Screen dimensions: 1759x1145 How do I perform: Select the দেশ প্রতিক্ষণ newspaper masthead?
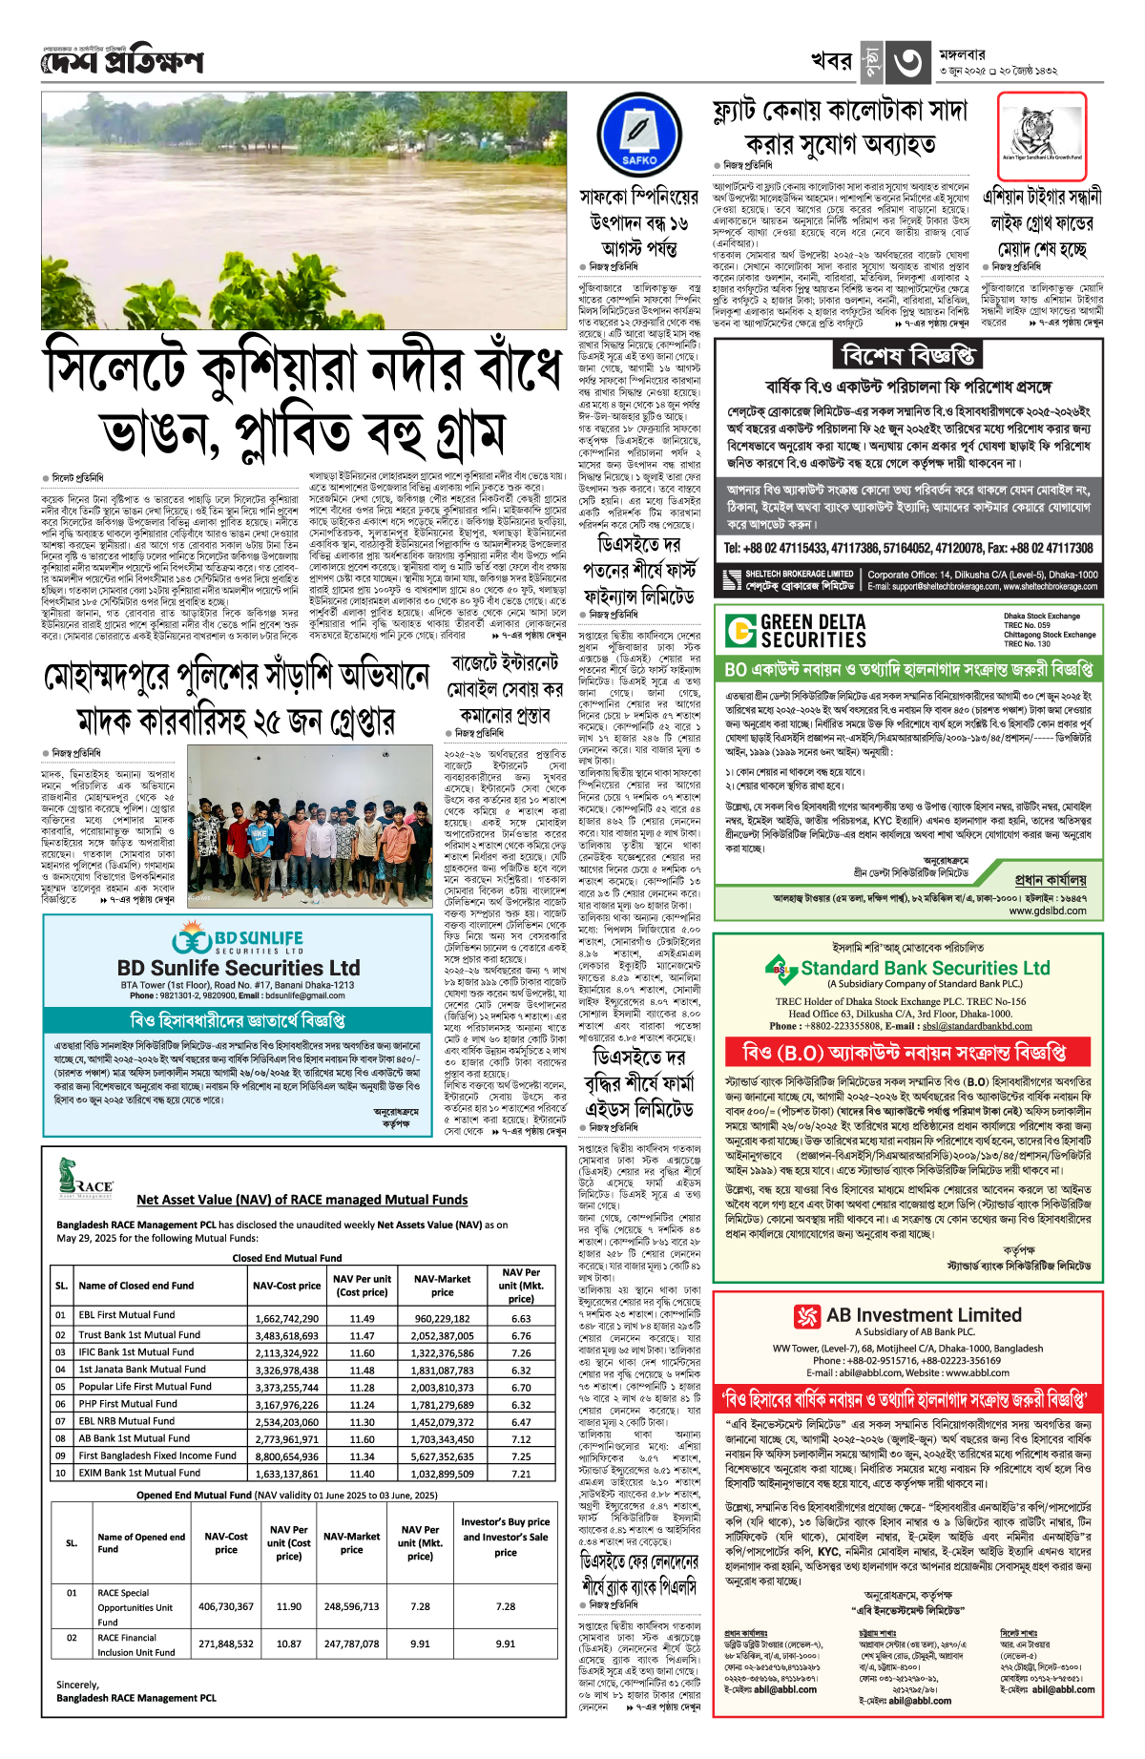pos(122,62)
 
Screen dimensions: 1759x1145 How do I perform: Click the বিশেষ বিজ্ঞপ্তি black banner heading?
pos(907,356)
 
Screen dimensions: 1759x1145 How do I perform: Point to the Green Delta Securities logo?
pos(796,631)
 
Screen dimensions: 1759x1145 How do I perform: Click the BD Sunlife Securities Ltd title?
pos(239,967)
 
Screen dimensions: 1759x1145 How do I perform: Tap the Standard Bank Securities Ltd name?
pos(925,968)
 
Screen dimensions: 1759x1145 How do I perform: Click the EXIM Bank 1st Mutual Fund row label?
pos(139,1473)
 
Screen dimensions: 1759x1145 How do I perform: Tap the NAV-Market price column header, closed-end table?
pos(442,1285)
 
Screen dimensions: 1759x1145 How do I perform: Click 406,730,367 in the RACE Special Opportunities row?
pos(226,1606)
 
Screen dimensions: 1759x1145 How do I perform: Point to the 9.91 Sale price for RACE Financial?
pos(506,1644)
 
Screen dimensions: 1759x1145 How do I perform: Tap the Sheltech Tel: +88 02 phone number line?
pos(907,548)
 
